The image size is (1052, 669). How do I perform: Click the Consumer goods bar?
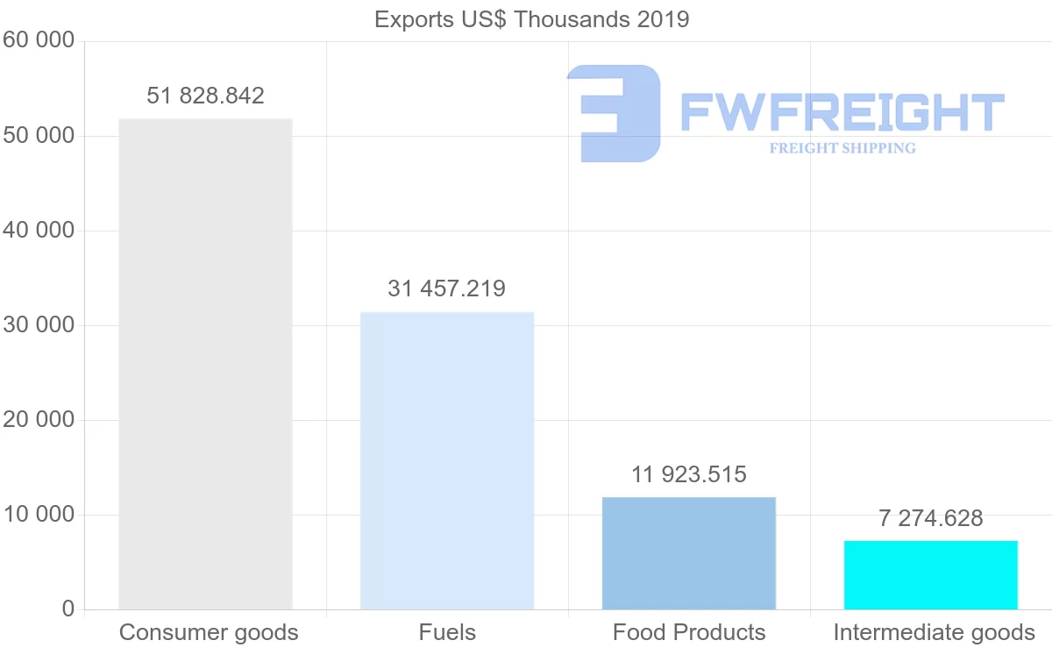[205, 364]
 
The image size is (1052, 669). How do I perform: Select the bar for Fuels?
[447, 460]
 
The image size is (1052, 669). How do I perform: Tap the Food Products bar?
[689, 553]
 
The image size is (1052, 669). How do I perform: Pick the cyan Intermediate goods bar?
[931, 575]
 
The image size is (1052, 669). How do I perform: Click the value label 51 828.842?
[205, 96]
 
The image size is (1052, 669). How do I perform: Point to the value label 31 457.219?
[447, 288]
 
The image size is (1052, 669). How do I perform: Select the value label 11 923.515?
[689, 474]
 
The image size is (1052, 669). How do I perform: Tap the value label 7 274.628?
[931, 518]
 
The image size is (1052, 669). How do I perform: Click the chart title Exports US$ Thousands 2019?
[532, 19]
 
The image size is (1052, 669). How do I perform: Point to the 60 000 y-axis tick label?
[39, 41]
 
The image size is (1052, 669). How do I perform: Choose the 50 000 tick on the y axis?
[39, 136]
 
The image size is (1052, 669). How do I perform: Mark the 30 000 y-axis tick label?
[39, 325]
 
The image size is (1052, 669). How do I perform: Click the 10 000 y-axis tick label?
[39, 515]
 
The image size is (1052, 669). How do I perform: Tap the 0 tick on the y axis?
[68, 609]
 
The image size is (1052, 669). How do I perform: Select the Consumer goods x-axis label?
[209, 632]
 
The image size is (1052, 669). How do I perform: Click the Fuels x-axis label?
[447, 632]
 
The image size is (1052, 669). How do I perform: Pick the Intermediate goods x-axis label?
[935, 632]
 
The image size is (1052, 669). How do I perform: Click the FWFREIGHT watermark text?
[842, 113]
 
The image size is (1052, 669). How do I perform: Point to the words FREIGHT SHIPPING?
[842, 148]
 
